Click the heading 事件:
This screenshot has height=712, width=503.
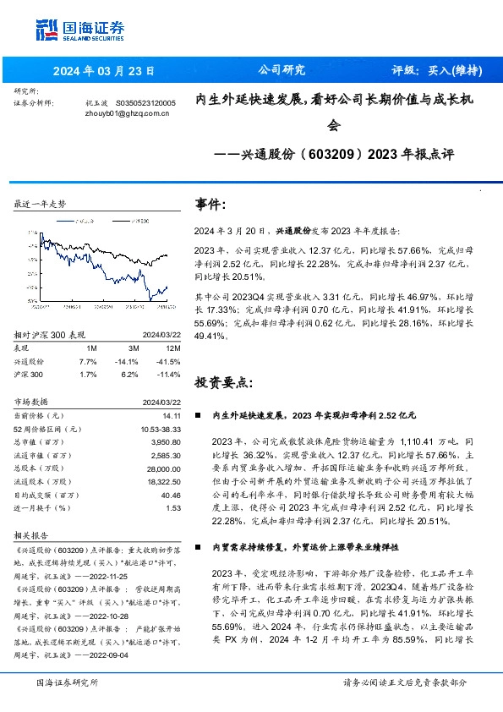click(210, 205)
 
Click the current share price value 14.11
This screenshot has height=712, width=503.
click(172, 416)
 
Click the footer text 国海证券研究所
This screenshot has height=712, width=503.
click(67, 682)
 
